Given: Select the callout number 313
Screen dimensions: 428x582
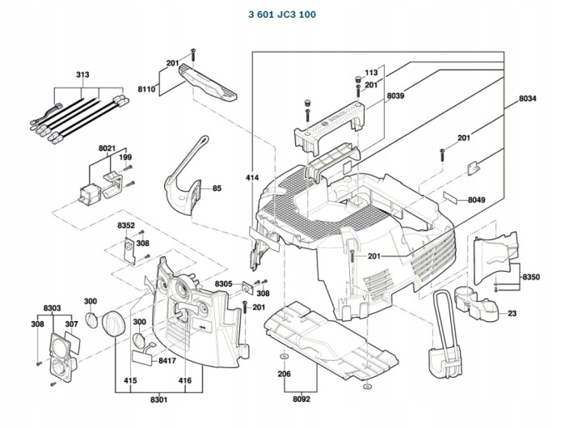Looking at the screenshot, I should click(x=83, y=74).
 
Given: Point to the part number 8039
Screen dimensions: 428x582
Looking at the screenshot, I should click(x=395, y=97).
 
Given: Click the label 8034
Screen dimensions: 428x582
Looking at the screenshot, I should click(x=527, y=99).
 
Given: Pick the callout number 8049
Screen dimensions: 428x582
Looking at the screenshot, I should click(x=476, y=200).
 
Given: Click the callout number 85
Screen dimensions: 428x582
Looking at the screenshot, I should click(x=217, y=189).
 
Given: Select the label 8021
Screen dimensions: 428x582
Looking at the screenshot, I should click(x=108, y=148).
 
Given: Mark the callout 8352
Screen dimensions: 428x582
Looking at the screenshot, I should click(x=126, y=225).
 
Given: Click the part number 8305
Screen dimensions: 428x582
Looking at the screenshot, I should click(x=224, y=283).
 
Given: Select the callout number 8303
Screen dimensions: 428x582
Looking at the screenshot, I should click(x=53, y=308).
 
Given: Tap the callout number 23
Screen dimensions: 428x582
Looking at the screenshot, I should click(x=512, y=313).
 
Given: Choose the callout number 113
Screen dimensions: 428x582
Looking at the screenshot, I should click(x=371, y=72).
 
